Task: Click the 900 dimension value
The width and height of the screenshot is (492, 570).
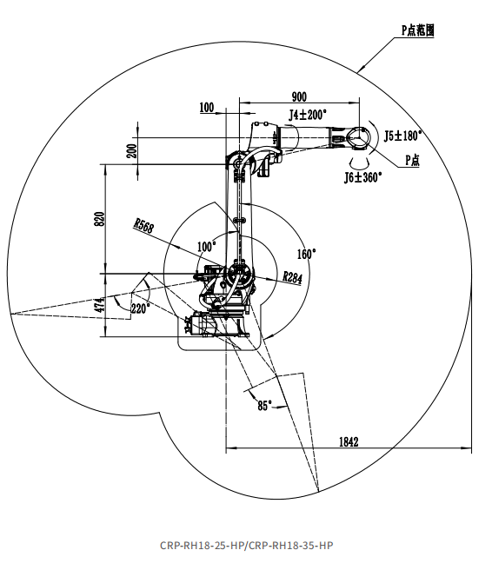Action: click(299, 96)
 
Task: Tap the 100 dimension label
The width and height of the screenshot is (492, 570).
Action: click(207, 107)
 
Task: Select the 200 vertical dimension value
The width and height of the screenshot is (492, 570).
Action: click(131, 151)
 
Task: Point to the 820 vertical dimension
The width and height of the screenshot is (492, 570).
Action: click(99, 219)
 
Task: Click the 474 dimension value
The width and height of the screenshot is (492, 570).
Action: click(99, 305)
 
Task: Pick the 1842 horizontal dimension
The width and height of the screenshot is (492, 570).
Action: click(349, 441)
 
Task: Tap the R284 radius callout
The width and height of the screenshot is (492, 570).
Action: click(292, 278)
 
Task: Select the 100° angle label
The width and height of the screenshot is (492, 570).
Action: click(207, 247)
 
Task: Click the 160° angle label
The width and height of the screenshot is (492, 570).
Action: click(307, 254)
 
